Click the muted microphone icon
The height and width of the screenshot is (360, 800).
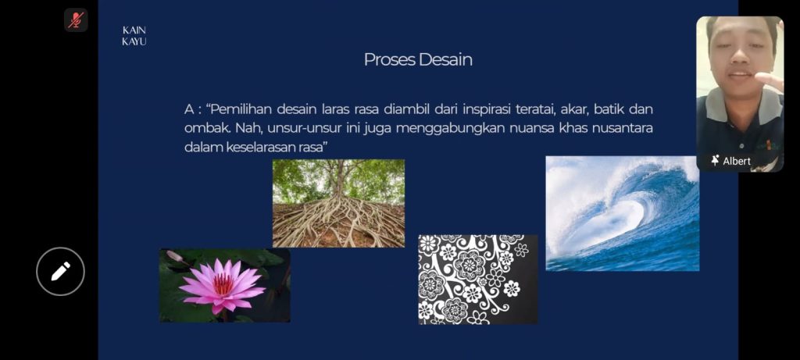(76, 20)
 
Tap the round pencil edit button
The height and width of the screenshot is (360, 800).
(60, 271)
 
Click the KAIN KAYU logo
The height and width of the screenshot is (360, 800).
(134, 36)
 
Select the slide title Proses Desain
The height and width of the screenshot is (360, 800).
(418, 59)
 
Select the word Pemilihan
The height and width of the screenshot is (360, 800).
(240, 109)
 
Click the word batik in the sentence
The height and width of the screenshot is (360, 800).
(609, 109)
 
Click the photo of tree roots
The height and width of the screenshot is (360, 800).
(338, 204)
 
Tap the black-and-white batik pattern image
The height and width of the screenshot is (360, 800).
(477, 279)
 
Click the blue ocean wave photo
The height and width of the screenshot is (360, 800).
(623, 213)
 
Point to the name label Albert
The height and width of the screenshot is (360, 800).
(737, 161)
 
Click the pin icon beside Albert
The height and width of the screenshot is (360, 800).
(716, 161)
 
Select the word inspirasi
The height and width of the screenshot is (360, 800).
(487, 109)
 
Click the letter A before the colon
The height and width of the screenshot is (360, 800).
(189, 109)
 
